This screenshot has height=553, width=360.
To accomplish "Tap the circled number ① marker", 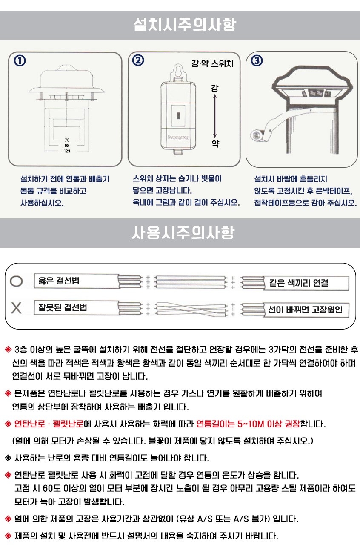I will (20, 61).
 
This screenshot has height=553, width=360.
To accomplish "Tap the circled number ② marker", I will (138, 61).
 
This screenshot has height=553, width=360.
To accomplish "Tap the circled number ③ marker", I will (257, 61).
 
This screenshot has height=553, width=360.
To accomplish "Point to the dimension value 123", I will (67, 151).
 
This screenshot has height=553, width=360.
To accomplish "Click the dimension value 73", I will (67, 140).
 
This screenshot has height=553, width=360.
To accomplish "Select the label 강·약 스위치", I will (212, 64).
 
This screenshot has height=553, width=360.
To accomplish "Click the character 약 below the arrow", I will (215, 143).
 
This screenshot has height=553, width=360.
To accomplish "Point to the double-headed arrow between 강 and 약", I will (215, 116).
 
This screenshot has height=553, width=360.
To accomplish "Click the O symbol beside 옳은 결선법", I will (16, 281).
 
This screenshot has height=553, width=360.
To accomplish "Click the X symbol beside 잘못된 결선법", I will (16, 308).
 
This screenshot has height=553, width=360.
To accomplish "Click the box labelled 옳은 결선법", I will (76, 281).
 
